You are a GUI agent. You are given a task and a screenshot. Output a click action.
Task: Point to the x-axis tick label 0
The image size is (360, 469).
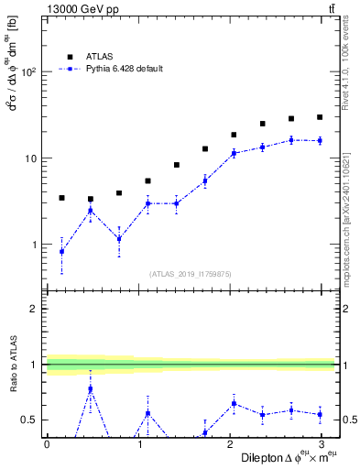pyautogui.click(x=47, y=444)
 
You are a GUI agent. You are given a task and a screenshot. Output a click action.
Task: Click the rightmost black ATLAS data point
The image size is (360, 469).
pyautogui.click(x=320, y=117)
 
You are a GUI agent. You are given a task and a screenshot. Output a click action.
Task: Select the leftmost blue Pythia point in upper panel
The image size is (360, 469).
pyautogui.click(x=61, y=251)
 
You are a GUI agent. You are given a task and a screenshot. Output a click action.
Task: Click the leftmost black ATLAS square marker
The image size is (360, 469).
pyautogui.click(x=61, y=198)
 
